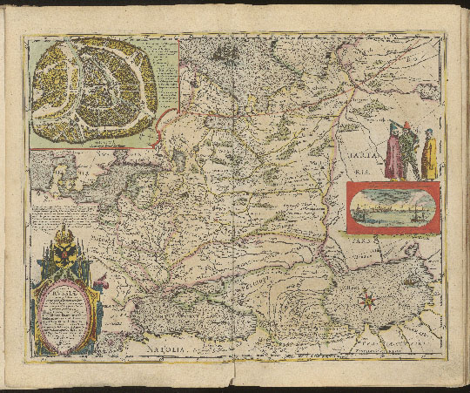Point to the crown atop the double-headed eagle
point(64,229)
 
